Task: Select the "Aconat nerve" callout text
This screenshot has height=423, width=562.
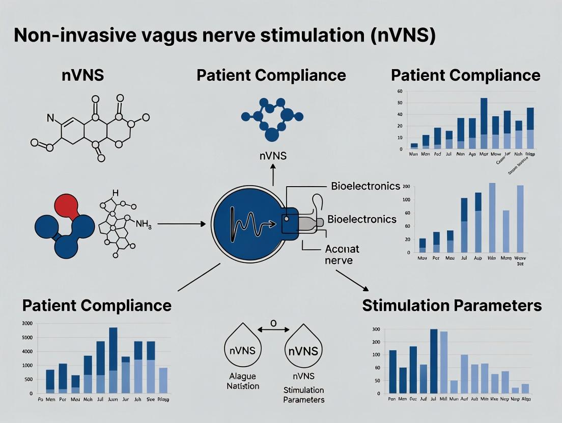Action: pos(342,254)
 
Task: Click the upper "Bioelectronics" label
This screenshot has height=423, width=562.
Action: pos(366,186)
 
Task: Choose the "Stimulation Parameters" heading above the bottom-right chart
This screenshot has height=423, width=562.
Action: pos(452,305)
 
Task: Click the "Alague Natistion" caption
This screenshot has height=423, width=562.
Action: pos(243,381)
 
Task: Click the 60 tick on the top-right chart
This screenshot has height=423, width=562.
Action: pos(399,92)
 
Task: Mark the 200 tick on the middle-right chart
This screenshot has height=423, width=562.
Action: pos(406,187)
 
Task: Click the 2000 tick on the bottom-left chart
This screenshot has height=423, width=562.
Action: pos(27,323)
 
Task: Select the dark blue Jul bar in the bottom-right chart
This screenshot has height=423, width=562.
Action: pos(434,361)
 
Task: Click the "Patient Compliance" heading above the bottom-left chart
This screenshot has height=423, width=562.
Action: pos(97,305)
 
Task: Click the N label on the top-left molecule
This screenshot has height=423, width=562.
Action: pos(50,118)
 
